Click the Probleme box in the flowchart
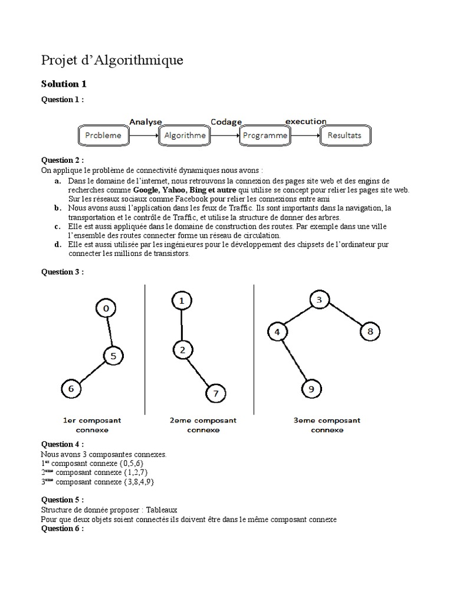(x=103, y=135)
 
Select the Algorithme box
(x=185, y=135)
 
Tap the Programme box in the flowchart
(x=265, y=135)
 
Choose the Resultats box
(x=345, y=135)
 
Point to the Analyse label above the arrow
(x=145, y=122)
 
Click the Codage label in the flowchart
(x=226, y=122)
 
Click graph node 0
(x=106, y=308)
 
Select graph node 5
(x=113, y=356)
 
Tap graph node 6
(x=71, y=389)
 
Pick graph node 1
(x=182, y=301)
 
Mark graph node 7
(x=215, y=393)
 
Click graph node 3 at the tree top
(x=319, y=300)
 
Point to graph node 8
(x=370, y=331)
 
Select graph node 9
(x=311, y=389)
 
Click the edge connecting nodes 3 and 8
(x=344, y=316)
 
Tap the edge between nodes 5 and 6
(x=92, y=372)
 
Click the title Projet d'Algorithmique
(x=112, y=60)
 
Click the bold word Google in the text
(x=147, y=191)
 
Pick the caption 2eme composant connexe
(x=203, y=425)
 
